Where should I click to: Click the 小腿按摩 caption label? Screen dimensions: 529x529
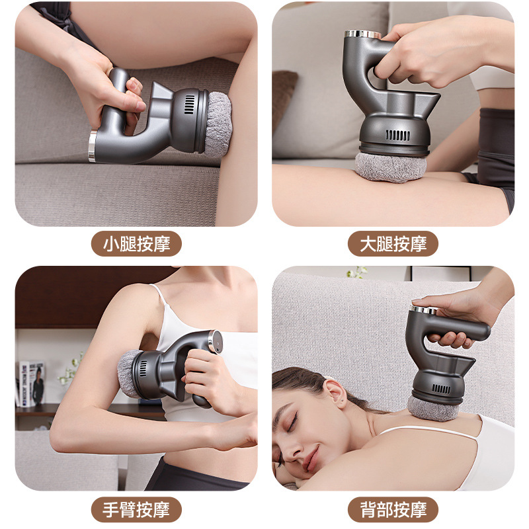pos(136,244)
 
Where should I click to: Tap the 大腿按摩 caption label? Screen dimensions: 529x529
pos(393,244)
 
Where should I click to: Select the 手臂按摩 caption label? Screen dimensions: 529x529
pos(136,509)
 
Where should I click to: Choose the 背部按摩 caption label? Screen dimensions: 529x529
pos(393,509)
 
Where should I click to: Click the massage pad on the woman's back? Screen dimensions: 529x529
pos(433,408)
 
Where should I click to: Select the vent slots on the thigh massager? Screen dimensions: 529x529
pos(397,135)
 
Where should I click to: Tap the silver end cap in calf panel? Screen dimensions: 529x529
pos(93,145)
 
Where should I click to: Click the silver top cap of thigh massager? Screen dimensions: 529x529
pos(363,34)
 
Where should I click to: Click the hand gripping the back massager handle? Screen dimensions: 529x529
pos(456,317)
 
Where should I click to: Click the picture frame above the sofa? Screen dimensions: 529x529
pos(440,273)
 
